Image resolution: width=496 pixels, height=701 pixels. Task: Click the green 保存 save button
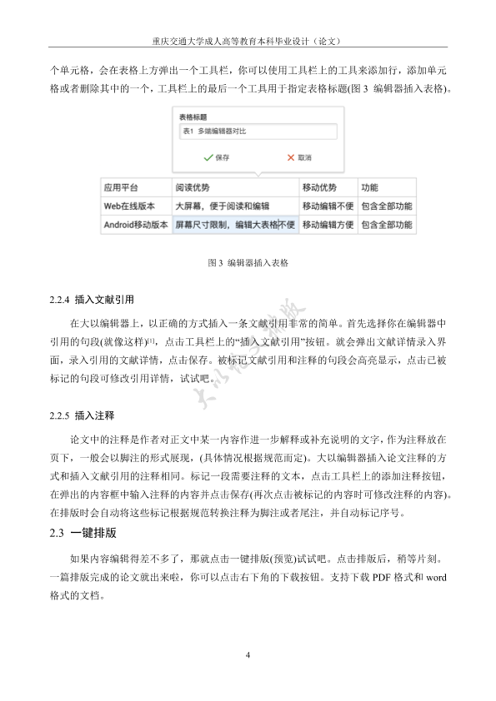coord(216,157)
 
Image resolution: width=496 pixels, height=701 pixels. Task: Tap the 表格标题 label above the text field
coord(193,117)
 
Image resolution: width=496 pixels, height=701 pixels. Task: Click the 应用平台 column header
coord(121,186)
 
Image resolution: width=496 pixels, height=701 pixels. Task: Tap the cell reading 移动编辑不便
coord(328,205)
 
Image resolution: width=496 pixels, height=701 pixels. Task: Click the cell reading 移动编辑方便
coord(328,224)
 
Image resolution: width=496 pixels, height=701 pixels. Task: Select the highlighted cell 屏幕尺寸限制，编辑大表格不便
coord(235,224)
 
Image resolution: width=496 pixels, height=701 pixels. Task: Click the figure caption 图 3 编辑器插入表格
coord(248,262)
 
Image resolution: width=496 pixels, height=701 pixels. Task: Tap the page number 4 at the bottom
coord(248,655)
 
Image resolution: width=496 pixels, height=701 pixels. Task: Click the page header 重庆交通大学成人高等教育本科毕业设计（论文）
coord(248,39)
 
